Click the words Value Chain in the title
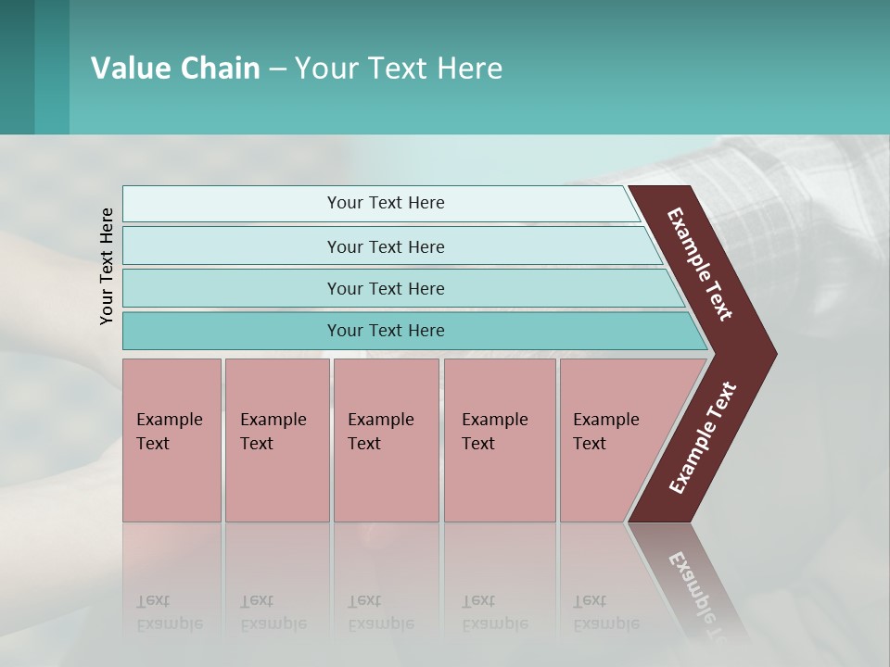[x=175, y=69]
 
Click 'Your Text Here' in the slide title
[x=399, y=69]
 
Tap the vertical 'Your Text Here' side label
[x=107, y=266]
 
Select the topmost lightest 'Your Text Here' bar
[x=385, y=203]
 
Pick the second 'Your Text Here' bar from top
[x=385, y=246]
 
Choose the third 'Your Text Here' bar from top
[x=385, y=288]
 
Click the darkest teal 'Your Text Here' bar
[x=385, y=331]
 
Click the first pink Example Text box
[x=172, y=440]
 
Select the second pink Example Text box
[x=276, y=440]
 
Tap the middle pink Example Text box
[x=386, y=440]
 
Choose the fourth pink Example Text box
[x=499, y=440]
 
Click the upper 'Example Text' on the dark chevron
[x=701, y=264]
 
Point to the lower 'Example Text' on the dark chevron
[x=703, y=438]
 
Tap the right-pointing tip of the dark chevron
[x=771, y=354]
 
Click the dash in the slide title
[x=277, y=69]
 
